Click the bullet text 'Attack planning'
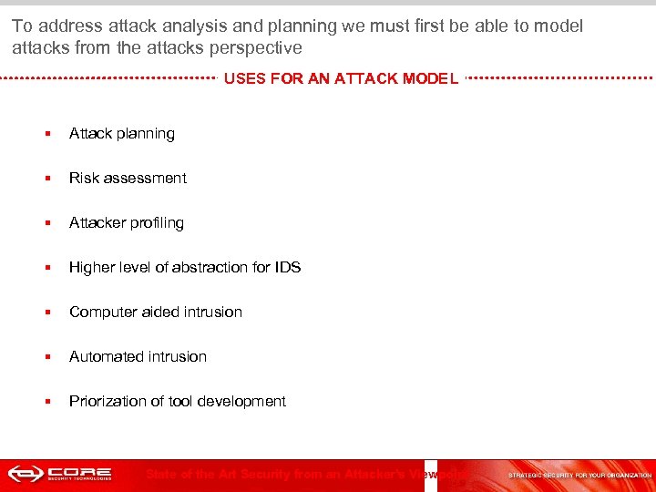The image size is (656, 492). click(x=122, y=134)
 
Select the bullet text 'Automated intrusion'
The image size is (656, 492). click(x=138, y=357)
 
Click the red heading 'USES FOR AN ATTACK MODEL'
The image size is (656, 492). click(x=341, y=78)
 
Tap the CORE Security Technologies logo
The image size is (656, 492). click(x=60, y=474)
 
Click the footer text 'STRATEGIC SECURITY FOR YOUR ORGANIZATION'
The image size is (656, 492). click(x=579, y=475)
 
